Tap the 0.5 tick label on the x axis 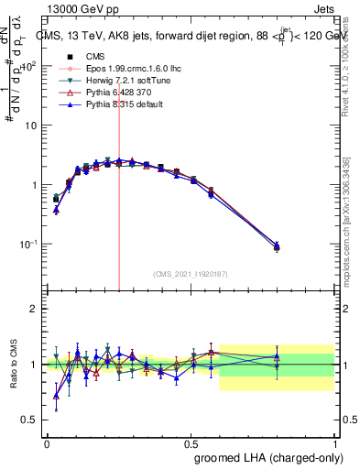tap(191, 442)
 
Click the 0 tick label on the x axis tap(47, 442)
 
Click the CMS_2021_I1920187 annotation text tap(190, 273)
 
